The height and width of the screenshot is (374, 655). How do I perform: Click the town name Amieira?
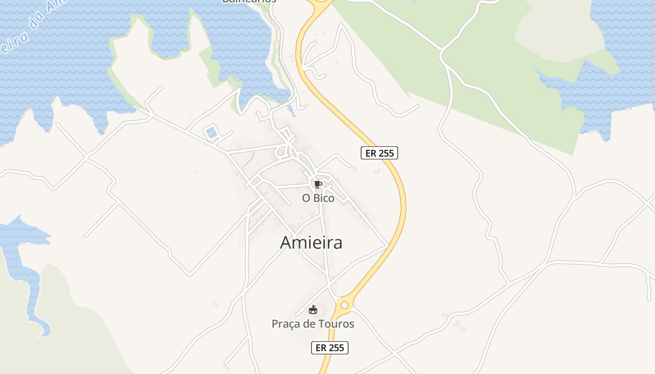pyautogui.click(x=311, y=243)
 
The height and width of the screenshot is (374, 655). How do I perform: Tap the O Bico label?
pyautogui.click(x=318, y=198)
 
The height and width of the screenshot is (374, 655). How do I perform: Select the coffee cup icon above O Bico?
pyautogui.click(x=318, y=184)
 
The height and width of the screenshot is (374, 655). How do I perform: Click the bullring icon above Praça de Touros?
pyautogui.click(x=313, y=309)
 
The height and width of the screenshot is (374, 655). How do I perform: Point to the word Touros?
pyautogui.click(x=338, y=324)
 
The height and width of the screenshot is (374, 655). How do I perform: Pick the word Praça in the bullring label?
pyautogui.click(x=285, y=324)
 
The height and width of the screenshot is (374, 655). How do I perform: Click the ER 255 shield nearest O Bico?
pyautogui.click(x=379, y=153)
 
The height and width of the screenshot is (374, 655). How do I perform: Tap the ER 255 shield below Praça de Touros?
pyautogui.click(x=330, y=348)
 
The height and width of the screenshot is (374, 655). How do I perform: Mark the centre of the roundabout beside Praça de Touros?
pyautogui.click(x=344, y=305)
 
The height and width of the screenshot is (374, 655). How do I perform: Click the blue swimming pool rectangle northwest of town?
pyautogui.click(x=211, y=132)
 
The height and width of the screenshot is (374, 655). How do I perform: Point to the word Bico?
pyautogui.click(x=325, y=198)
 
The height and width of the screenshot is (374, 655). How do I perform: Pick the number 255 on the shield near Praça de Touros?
pyautogui.click(x=336, y=348)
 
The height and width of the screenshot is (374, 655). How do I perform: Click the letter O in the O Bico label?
pyautogui.click(x=306, y=198)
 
